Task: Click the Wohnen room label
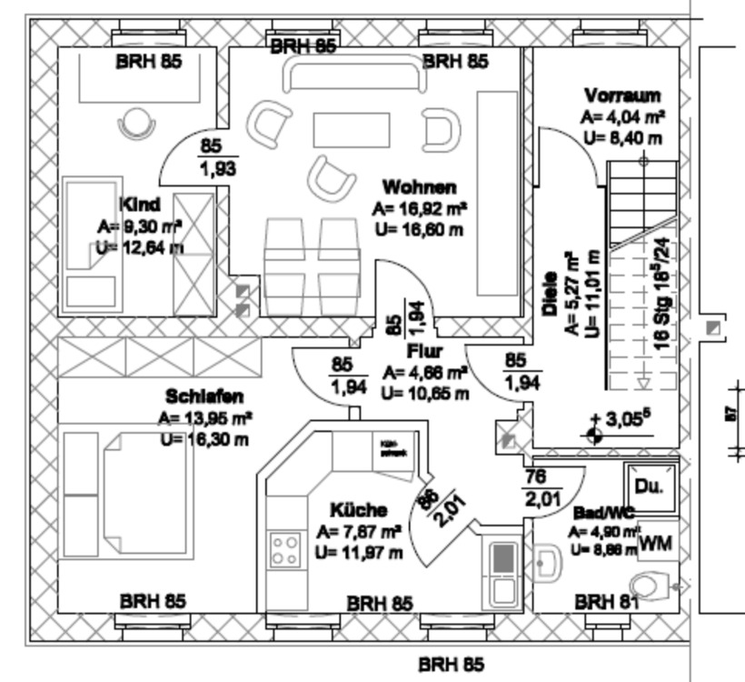[x=419, y=187]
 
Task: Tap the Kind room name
[x=140, y=205]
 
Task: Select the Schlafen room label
[x=204, y=396]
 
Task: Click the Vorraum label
[x=622, y=95]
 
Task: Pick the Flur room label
[x=424, y=351]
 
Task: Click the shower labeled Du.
[x=650, y=486]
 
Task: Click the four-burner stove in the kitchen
[x=285, y=549]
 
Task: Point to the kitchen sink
[x=502, y=571]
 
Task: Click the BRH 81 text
[x=607, y=601]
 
